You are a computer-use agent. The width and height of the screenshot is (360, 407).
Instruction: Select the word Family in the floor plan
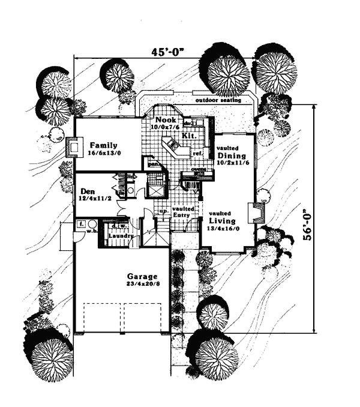pos(103,145)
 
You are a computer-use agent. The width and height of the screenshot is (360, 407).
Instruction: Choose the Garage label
pos(140,277)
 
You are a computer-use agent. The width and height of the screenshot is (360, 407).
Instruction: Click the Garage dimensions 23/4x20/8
pos(140,285)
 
